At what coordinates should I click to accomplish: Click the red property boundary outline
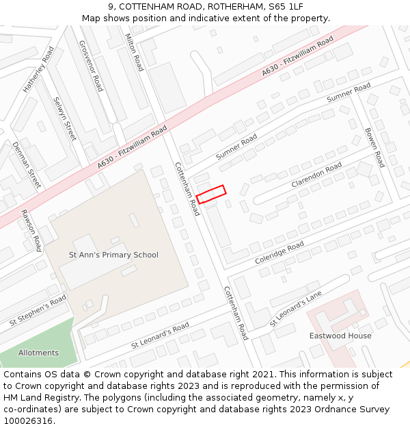(x=211, y=194)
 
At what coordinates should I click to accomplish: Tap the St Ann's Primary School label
(x=113, y=255)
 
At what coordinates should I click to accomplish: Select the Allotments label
(x=38, y=353)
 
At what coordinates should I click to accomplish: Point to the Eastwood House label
(x=340, y=336)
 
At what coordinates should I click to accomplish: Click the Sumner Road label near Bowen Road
(x=348, y=93)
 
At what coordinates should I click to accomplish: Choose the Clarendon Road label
(x=316, y=176)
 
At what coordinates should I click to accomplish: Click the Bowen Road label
(x=374, y=147)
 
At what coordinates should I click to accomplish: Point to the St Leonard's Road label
(x=160, y=336)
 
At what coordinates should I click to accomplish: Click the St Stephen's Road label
(x=38, y=310)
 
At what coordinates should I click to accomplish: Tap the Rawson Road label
(x=31, y=230)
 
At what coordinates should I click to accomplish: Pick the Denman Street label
(x=27, y=165)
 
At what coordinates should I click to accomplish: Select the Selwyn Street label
(x=64, y=119)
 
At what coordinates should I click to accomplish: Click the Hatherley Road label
(x=38, y=69)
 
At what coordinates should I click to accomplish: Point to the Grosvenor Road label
(x=90, y=65)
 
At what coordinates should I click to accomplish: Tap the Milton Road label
(x=135, y=51)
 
